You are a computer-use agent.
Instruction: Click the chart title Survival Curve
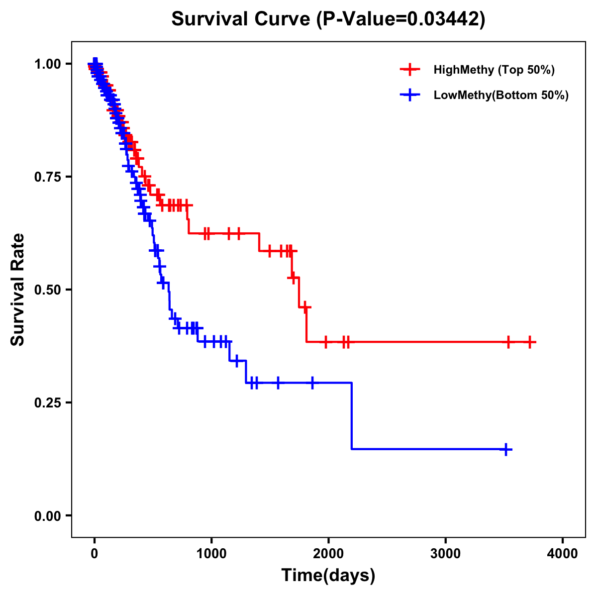242,19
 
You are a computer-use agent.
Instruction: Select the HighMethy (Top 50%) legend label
494,70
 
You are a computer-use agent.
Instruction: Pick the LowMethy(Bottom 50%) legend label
501,95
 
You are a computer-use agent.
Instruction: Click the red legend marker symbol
410,70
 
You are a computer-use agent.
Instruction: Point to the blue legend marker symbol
410,95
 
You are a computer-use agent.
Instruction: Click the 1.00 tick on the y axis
47,64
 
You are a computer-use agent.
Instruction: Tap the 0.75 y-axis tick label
47,177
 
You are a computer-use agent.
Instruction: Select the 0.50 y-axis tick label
47,290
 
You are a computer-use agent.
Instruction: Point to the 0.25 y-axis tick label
47,402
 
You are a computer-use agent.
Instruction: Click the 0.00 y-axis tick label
47,515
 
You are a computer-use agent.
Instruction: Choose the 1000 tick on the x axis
211,554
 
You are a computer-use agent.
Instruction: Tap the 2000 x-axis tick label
328,554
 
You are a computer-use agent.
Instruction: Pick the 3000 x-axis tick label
445,554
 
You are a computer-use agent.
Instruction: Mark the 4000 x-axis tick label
563,554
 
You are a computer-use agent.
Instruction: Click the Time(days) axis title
328,576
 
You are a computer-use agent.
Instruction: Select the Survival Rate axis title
18,290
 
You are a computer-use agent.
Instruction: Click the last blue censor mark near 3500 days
505,449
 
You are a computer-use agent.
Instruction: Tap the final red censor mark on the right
530,342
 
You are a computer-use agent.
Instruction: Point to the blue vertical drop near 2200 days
352,415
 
